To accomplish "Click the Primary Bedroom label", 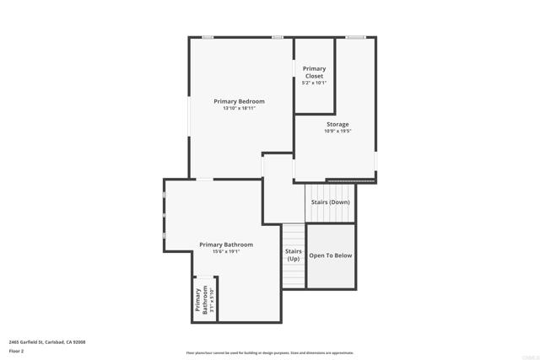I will [x=239, y=101].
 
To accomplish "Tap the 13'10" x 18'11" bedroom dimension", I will [x=239, y=109].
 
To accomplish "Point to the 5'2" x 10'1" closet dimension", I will [x=314, y=83].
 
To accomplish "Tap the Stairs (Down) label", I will [x=331, y=202].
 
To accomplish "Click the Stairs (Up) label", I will [x=293, y=255].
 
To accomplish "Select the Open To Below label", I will [x=331, y=255].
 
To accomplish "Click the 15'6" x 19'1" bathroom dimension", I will [x=226, y=251].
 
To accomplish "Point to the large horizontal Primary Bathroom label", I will [x=226, y=244].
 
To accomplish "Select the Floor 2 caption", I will [x=16, y=351].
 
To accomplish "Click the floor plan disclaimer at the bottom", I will [x=270, y=353].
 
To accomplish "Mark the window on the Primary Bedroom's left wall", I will [x=188, y=114].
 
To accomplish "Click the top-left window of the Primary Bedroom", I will [x=208, y=37].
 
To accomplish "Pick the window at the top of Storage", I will [x=355, y=37].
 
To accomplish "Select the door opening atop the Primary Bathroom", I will [x=204, y=179].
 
